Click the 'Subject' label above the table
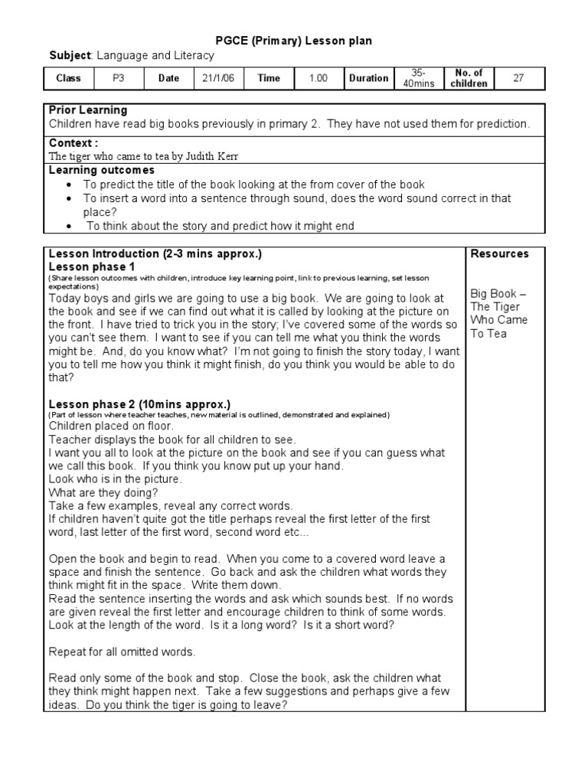pos(70,56)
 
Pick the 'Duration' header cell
pos(368,78)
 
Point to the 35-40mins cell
pos(418,78)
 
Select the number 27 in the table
pos(518,78)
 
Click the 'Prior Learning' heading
pos(88,110)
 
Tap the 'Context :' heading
pos(73,143)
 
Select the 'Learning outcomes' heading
pos(102,170)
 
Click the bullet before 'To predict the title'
pos(70,185)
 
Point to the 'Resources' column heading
pos(499,253)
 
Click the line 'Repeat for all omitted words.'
pos(122,652)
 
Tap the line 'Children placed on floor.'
pos(112,426)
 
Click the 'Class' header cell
pos(68,78)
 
